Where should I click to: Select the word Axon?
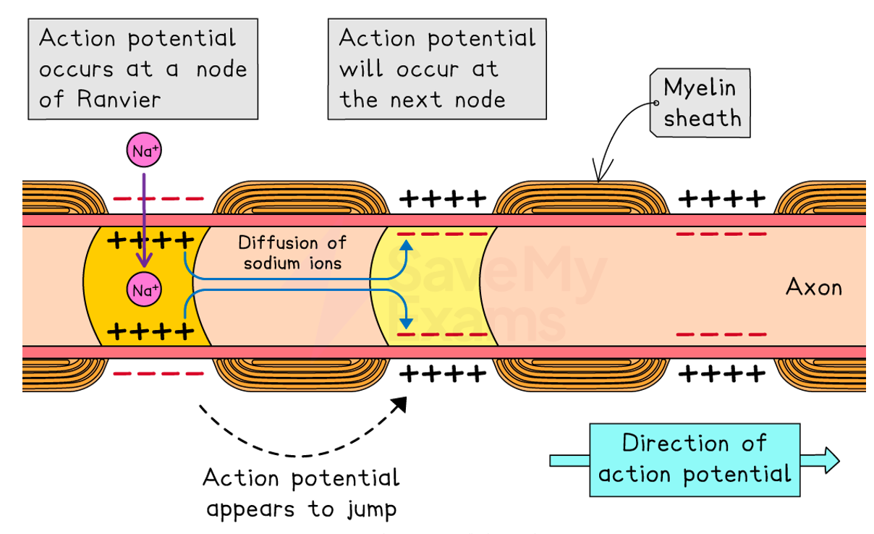pos(814,287)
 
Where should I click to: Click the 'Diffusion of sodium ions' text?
pos(292,253)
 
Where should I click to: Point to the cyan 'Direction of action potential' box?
pos(695,459)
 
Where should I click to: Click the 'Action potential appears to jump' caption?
pos(301,493)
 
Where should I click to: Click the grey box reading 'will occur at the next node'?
pos(436,69)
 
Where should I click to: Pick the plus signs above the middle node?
pos(444,198)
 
